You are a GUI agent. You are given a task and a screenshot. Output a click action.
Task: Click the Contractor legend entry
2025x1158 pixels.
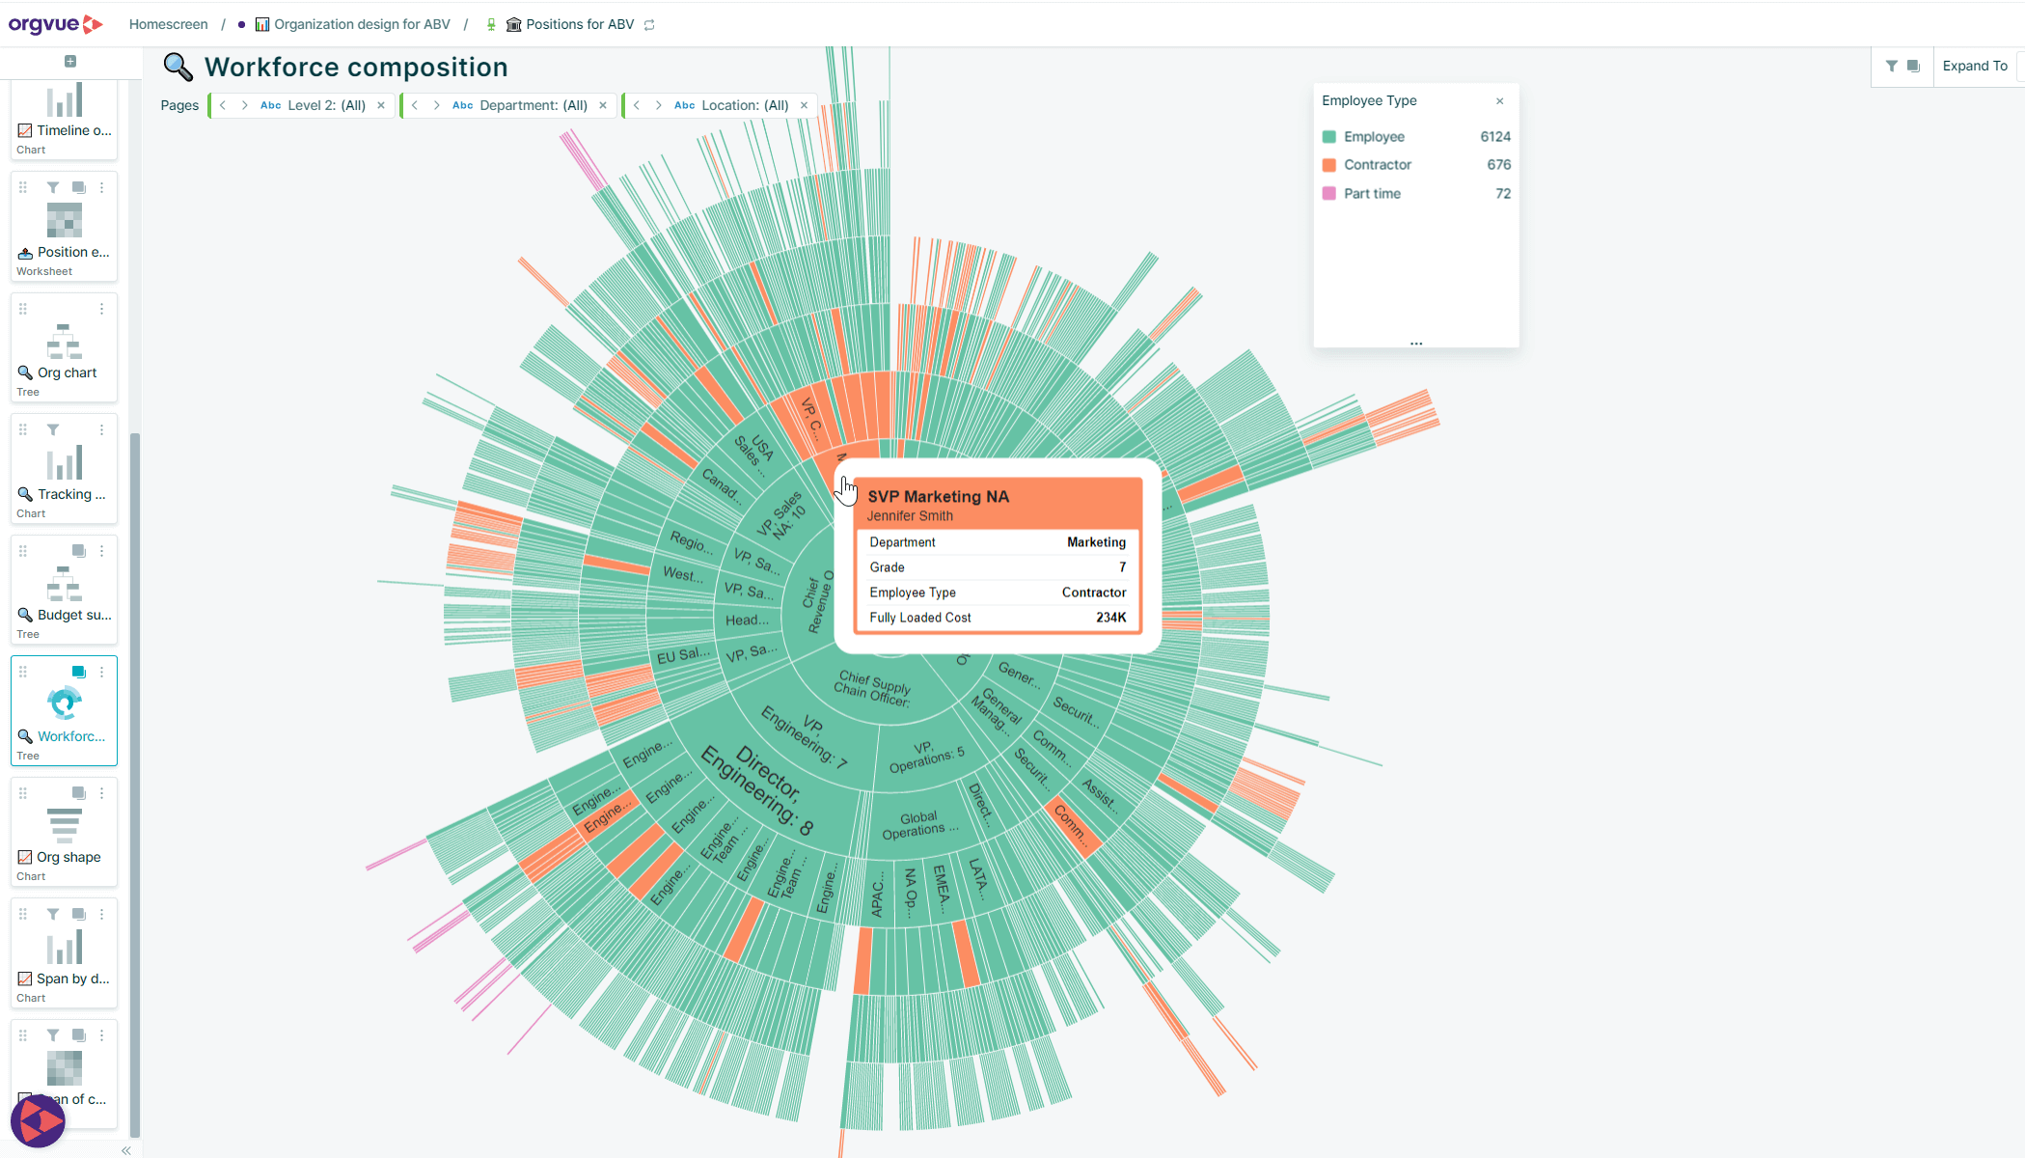[1377, 165]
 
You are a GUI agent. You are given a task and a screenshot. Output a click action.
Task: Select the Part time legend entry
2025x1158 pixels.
[1371, 194]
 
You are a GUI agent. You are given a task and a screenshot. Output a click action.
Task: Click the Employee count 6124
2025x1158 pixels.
[1494, 137]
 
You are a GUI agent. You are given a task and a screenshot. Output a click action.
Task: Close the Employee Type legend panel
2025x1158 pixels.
[1499, 101]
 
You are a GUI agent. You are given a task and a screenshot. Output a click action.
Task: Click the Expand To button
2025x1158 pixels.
[1974, 66]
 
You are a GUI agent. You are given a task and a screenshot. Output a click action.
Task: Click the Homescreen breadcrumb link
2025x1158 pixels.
[168, 24]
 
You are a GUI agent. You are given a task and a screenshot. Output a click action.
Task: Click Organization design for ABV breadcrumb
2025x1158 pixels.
[361, 24]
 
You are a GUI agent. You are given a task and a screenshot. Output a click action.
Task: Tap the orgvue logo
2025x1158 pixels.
[54, 24]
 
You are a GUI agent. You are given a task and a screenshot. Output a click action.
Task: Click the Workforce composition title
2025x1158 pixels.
[355, 68]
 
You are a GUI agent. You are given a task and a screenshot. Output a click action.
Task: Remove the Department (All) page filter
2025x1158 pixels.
[603, 105]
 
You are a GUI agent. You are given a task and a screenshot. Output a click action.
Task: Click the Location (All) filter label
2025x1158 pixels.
[744, 105]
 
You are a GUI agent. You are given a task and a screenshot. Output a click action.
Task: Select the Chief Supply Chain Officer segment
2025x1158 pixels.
[871, 688]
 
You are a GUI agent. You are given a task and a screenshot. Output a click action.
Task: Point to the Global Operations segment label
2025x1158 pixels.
[919, 825]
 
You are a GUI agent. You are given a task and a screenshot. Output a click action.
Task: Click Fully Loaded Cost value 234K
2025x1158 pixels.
[1110, 618]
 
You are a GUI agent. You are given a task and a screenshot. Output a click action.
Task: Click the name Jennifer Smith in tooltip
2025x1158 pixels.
[909, 516]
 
